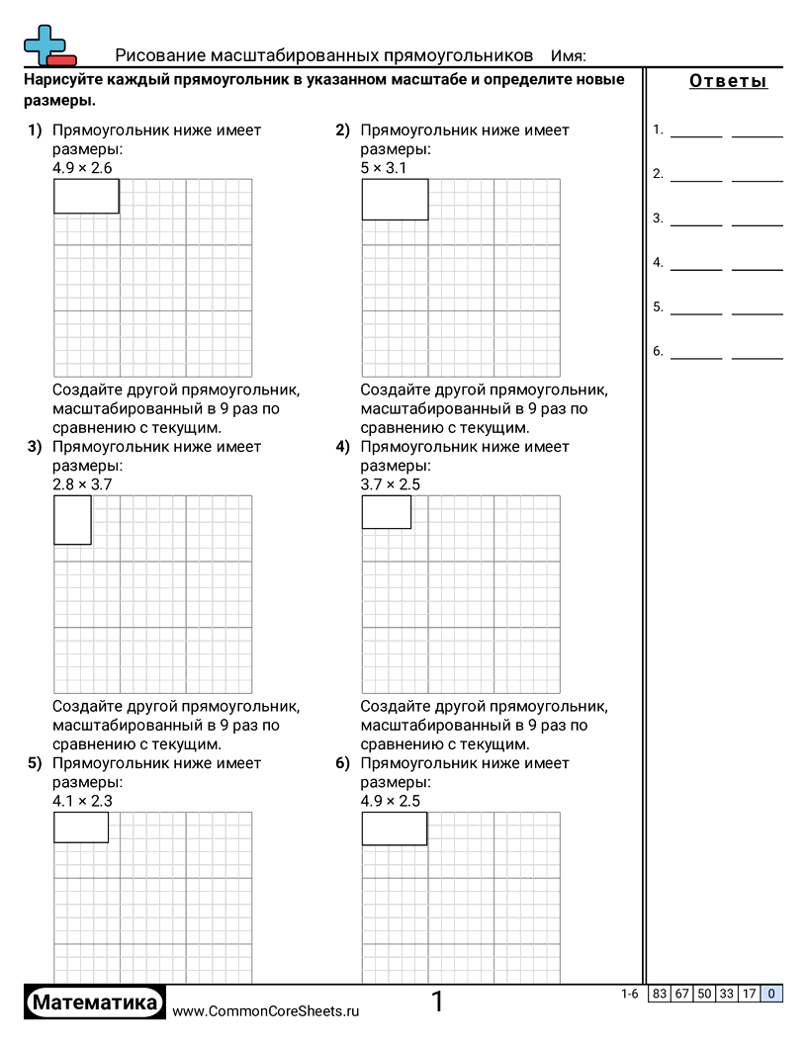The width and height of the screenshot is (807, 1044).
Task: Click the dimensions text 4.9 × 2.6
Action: point(82,168)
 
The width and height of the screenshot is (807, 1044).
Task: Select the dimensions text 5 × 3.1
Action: point(384,168)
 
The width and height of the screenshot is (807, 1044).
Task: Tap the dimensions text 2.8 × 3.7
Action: point(82,484)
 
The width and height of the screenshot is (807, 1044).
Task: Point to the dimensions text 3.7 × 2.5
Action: point(391,484)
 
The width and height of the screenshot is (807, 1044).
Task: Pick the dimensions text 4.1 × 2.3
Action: point(82,801)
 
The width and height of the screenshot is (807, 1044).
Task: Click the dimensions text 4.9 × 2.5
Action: point(391,801)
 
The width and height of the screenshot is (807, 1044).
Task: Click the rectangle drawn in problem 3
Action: point(72,520)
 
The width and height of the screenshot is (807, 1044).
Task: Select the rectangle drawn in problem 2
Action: point(395,200)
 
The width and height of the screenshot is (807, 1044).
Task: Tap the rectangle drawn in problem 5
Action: point(80,827)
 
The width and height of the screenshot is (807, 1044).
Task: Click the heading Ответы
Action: point(728,82)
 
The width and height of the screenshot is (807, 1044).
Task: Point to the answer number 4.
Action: point(658,263)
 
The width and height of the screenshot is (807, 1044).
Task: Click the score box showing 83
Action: point(659,995)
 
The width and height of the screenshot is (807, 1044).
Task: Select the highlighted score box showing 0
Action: point(771,995)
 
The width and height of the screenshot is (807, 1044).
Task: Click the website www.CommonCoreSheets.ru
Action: point(265,1011)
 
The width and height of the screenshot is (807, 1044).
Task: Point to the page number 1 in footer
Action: point(437,1002)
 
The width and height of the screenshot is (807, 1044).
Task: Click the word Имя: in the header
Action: point(569,55)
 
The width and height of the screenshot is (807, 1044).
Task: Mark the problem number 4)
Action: point(343,447)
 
